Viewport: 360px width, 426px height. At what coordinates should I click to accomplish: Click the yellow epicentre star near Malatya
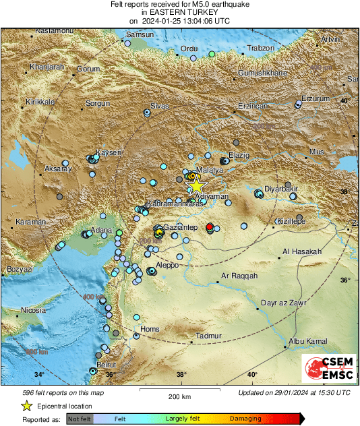click(196, 185)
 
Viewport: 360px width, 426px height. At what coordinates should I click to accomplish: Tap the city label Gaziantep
click(181, 229)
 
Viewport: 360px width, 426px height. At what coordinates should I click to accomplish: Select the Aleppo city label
click(167, 266)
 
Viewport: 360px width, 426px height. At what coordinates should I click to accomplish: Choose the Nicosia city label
click(33, 311)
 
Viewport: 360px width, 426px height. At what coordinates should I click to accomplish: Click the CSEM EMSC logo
click(328, 369)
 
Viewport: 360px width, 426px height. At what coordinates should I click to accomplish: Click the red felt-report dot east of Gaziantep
click(210, 226)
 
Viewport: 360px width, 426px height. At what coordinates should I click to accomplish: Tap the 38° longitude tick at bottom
click(181, 375)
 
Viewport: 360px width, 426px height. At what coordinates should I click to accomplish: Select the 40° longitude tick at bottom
click(251, 375)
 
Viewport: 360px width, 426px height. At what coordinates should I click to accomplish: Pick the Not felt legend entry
click(80, 419)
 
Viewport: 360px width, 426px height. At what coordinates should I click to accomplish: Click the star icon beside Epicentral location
click(26, 406)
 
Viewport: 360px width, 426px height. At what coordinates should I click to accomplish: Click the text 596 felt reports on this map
click(64, 392)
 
